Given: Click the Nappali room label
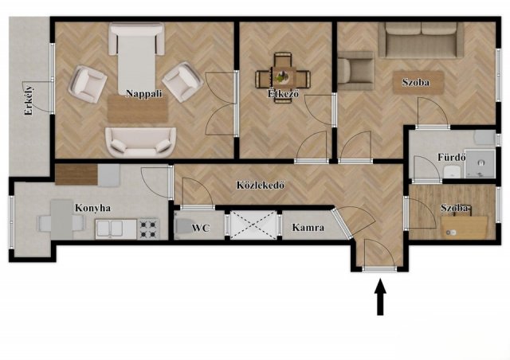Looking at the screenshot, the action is coord(143,94).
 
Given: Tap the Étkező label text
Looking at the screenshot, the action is coord(284,94).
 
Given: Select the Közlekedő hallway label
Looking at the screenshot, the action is coord(261,185).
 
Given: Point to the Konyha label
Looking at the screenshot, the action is coord(92,208).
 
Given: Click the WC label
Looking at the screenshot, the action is coord(200,228).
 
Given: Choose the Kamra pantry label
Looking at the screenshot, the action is coord(308,227).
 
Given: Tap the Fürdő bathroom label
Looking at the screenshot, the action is coord(452,157).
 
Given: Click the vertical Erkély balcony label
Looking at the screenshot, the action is coord(29,100).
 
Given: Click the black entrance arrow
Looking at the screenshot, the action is coord(380,298).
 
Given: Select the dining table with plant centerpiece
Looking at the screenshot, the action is coord(283,78).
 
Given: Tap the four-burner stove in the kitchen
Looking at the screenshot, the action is coord(148,229).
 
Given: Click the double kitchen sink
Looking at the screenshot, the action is coord(110,229).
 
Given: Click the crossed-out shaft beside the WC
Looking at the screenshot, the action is coord(253,225).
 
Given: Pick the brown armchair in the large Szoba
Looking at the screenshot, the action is coord(355,71).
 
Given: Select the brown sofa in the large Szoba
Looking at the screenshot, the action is coord(422,41).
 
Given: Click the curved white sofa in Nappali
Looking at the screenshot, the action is coord(140,142).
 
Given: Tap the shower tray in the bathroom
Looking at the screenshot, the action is coord(480,163).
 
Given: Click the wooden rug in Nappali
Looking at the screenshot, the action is coord(138,108).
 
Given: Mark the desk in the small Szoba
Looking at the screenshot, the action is coord(464,227).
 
